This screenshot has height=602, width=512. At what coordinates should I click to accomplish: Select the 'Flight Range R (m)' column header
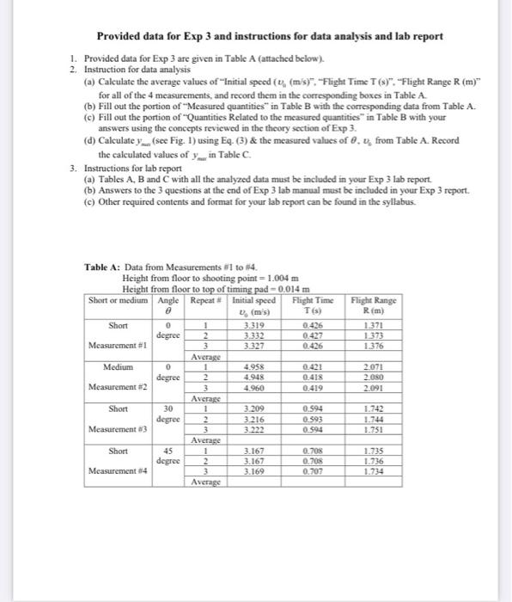pos(374,304)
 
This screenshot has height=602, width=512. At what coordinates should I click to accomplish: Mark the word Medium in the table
pos(120,365)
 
